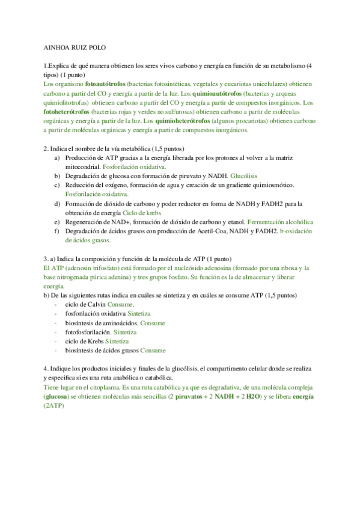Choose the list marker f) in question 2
click(x=56, y=231)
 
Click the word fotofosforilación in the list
click(x=88, y=332)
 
